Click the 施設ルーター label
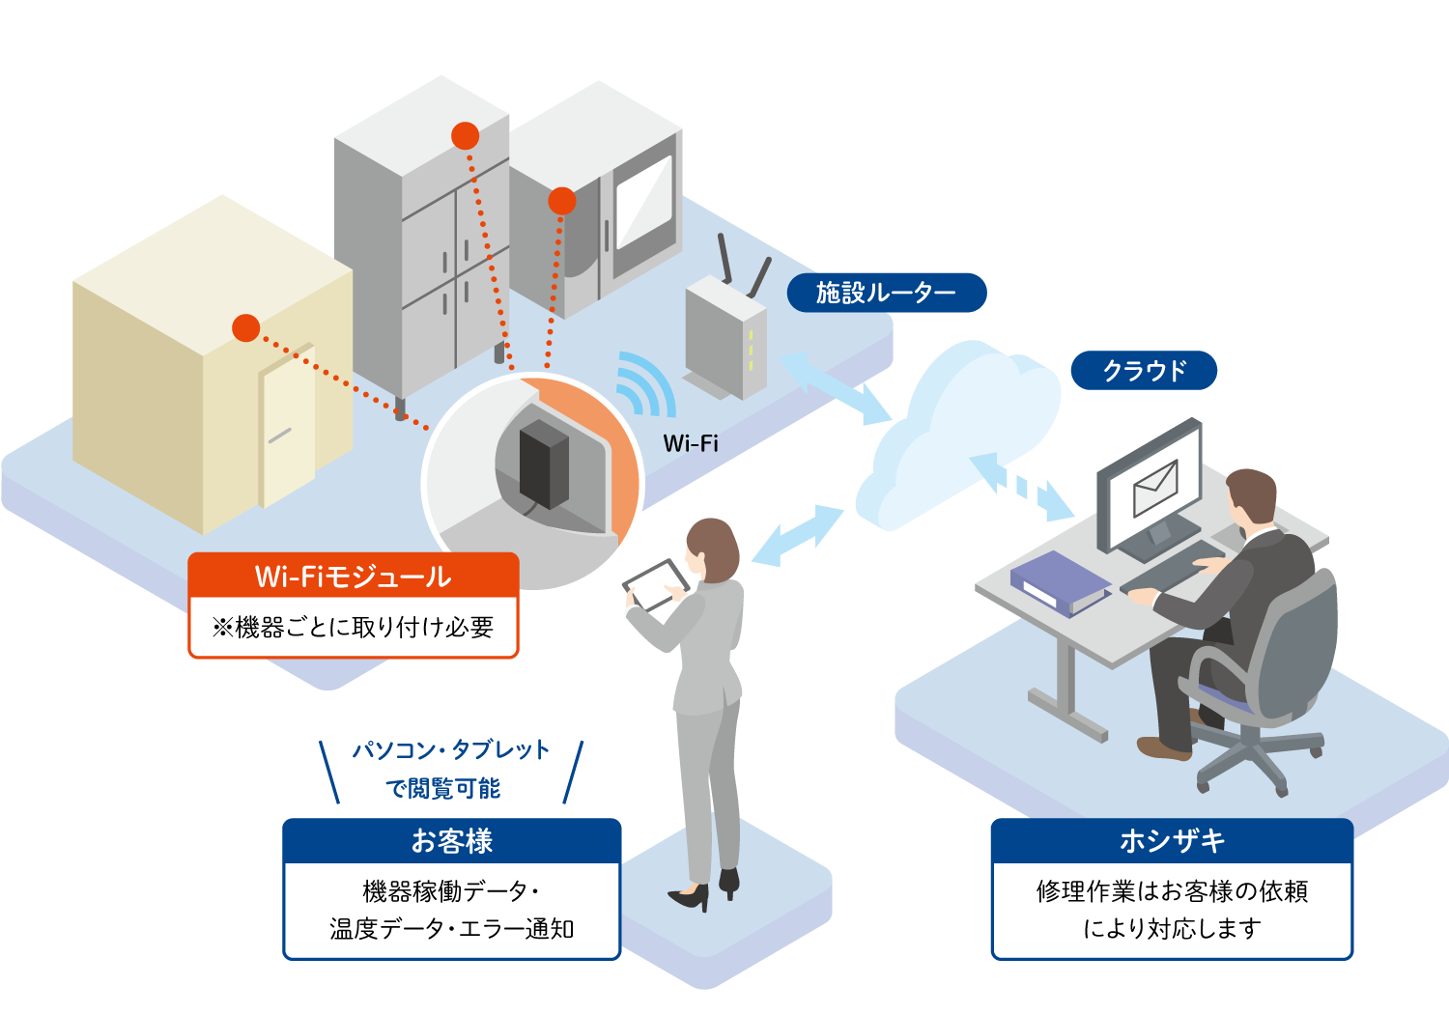tap(886, 293)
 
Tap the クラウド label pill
tap(1144, 371)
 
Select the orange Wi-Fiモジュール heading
tap(354, 576)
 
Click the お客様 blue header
tap(451, 841)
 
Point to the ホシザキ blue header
tap(1172, 841)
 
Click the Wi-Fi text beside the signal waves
tap(691, 443)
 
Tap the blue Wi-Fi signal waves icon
tap(642, 383)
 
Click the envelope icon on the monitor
tap(1155, 488)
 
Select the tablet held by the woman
tap(655, 584)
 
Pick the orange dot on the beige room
tap(246, 328)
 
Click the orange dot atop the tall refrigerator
tap(466, 136)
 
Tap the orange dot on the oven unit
tap(561, 201)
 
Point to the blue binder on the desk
tap(1059, 581)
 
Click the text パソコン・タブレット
tap(451, 749)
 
